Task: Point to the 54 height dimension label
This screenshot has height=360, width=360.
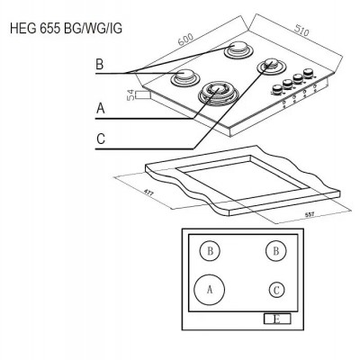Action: click(x=131, y=95)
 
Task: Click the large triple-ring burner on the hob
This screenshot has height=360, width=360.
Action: click(x=216, y=91)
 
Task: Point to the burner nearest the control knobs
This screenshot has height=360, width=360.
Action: click(x=271, y=67)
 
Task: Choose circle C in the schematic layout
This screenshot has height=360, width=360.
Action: click(x=277, y=289)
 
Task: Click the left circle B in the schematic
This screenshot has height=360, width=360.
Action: click(x=210, y=251)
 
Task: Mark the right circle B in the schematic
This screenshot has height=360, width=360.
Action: click(x=276, y=251)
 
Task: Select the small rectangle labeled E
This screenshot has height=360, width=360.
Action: click(x=275, y=319)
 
